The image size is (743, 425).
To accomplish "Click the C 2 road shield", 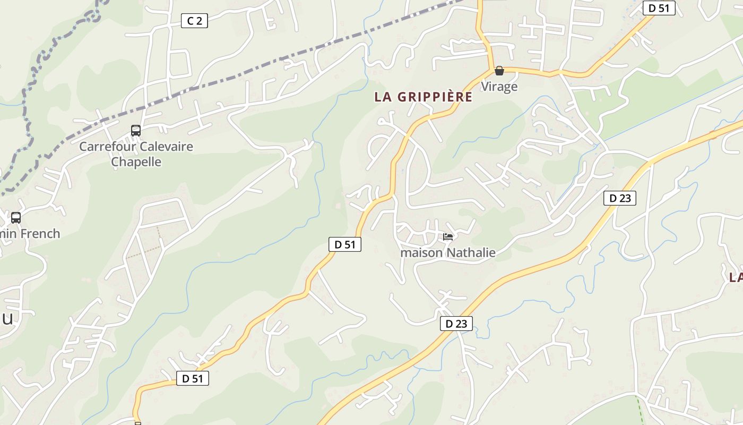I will click(194, 21).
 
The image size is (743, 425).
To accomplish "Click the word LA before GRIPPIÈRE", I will click(383, 97).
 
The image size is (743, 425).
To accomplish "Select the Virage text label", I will click(499, 86).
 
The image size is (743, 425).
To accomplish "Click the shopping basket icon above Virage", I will click(499, 71).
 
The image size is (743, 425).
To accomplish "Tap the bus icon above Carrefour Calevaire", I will click(136, 130).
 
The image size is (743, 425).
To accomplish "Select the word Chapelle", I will click(136, 162).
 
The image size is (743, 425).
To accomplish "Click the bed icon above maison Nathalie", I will click(448, 237).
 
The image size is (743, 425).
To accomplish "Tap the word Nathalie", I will click(471, 252).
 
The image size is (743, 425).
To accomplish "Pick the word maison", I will click(421, 252).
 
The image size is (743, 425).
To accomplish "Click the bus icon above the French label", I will click(16, 217).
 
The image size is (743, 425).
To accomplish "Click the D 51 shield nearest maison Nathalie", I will click(345, 244).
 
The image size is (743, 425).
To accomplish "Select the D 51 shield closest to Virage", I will click(659, 8).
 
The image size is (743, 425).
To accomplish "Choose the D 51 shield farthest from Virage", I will click(193, 378).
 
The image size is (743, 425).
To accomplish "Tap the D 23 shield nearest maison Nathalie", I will click(456, 324).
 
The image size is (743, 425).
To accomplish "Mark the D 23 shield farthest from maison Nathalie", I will click(620, 198).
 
